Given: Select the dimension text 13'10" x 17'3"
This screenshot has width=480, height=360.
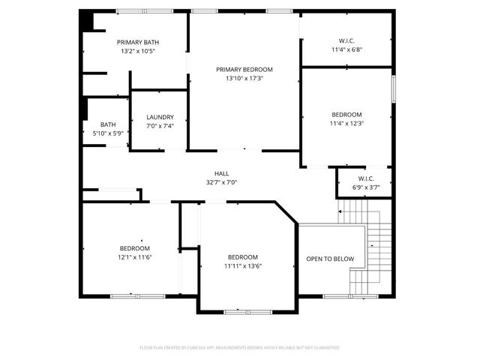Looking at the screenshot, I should (x=244, y=79).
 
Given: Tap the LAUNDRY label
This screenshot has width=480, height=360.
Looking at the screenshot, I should (x=160, y=117).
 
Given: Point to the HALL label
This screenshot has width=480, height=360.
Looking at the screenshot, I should (x=221, y=172).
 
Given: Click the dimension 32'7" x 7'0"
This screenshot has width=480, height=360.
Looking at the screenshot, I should (x=221, y=181).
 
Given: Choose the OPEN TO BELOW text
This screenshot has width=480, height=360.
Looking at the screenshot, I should (x=330, y=259).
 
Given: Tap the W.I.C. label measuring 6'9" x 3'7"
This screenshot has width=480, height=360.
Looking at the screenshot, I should (x=365, y=178).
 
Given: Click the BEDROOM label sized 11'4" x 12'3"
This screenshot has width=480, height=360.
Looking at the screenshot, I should (x=346, y=115).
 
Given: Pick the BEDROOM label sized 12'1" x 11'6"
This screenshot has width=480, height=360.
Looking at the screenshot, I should (x=135, y=248).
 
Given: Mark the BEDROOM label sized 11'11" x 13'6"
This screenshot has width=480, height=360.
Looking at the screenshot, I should (x=243, y=256).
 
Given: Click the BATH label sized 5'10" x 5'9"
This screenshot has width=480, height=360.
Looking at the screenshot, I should (x=108, y=124).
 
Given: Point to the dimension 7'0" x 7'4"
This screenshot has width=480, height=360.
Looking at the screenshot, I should (x=160, y=126).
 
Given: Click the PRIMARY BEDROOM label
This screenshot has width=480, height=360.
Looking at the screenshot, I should (x=244, y=69).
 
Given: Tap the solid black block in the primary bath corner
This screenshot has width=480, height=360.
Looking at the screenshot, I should (x=88, y=20).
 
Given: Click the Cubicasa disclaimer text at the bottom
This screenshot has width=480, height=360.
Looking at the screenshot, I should (x=240, y=348).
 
